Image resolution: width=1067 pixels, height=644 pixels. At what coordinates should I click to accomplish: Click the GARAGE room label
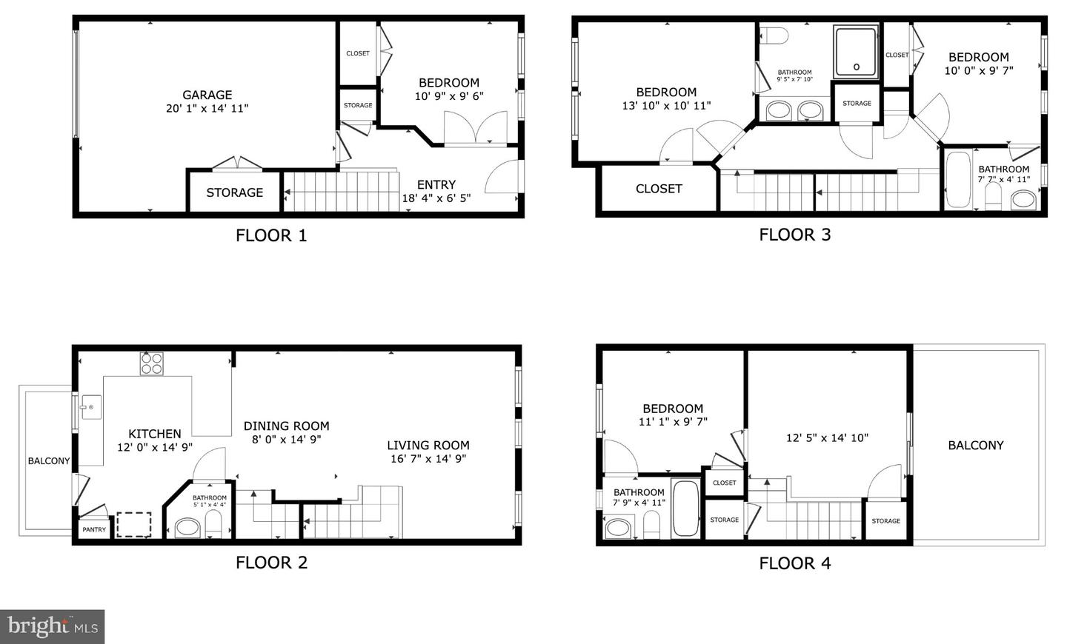tap(207, 95)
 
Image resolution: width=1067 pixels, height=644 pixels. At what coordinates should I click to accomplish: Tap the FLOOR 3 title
tap(794, 235)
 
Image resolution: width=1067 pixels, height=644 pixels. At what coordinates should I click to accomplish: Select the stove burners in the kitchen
tap(151, 363)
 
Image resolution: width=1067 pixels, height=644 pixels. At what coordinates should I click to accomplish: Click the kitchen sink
tap(91, 407)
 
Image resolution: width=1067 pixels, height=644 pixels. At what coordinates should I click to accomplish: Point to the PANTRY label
tap(94, 529)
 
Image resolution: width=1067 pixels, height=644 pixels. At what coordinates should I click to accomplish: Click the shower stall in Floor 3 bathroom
tap(856, 52)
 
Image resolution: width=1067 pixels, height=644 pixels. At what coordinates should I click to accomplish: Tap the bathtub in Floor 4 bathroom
tap(685, 509)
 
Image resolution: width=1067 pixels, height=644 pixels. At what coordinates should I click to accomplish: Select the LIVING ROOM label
tap(428, 445)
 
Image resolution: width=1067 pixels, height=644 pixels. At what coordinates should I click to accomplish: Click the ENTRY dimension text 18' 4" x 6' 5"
tap(436, 198)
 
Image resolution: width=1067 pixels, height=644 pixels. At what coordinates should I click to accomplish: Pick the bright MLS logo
tap(53, 626)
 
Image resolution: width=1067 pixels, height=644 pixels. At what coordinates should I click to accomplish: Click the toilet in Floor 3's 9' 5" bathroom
tap(774, 36)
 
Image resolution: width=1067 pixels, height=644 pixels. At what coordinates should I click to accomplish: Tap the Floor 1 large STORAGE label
tap(234, 192)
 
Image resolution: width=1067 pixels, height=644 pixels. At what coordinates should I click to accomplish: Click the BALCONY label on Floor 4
tap(976, 445)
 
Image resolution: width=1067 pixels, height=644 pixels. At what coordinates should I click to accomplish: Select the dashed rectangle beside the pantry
tap(134, 525)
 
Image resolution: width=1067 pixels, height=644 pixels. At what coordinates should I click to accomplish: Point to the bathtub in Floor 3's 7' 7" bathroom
tap(958, 179)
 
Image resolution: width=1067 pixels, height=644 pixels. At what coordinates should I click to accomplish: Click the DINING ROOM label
tap(286, 426)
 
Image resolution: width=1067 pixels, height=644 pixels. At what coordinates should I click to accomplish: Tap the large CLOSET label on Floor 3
tap(659, 189)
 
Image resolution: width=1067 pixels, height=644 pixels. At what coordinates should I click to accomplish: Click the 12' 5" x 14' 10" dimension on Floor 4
tap(827, 437)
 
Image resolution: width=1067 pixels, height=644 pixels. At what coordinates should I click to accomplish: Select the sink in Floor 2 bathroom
tap(187, 528)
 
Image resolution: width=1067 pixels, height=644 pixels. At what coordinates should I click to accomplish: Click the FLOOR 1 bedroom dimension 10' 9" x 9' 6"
tap(449, 96)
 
